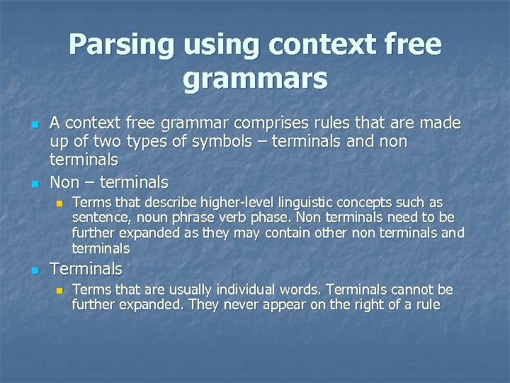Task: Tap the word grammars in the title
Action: [255, 78]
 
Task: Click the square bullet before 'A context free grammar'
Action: [33, 125]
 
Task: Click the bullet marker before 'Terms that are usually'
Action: [59, 290]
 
